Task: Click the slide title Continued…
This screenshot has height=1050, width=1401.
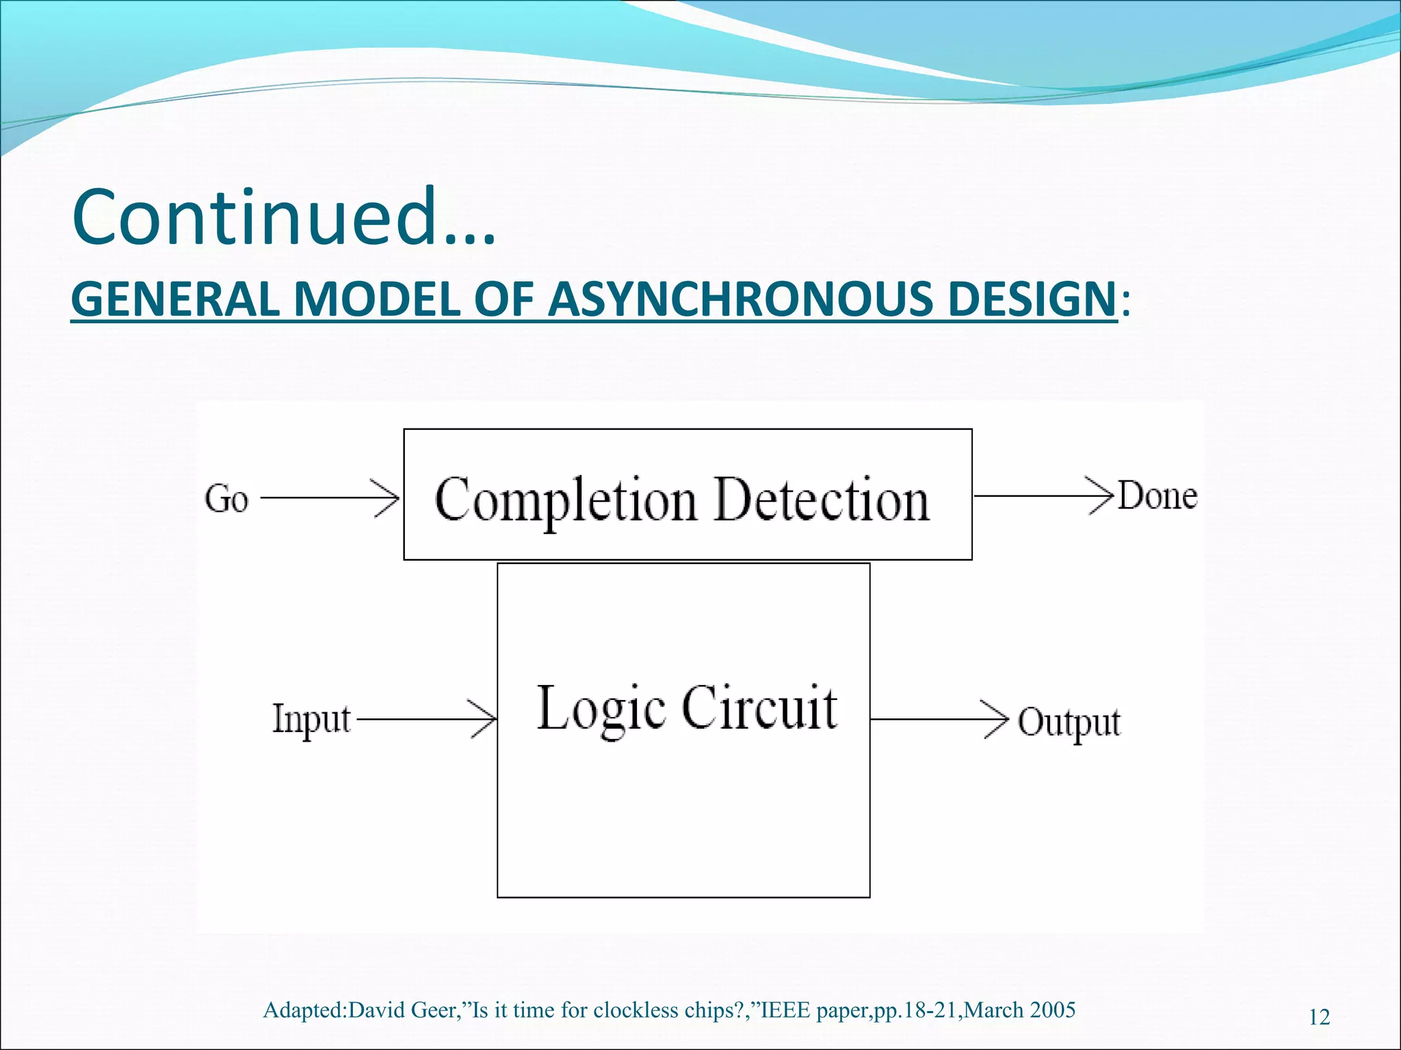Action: click(283, 217)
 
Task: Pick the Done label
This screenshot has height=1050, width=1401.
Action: click(1157, 496)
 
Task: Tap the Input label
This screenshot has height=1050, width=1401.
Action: click(311, 720)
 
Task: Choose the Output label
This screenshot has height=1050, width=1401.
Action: click(1069, 723)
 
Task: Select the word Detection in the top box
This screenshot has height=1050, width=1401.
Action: click(822, 500)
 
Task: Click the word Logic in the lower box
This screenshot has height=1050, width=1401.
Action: click(601, 709)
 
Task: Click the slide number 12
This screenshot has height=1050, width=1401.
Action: click(1319, 1017)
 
